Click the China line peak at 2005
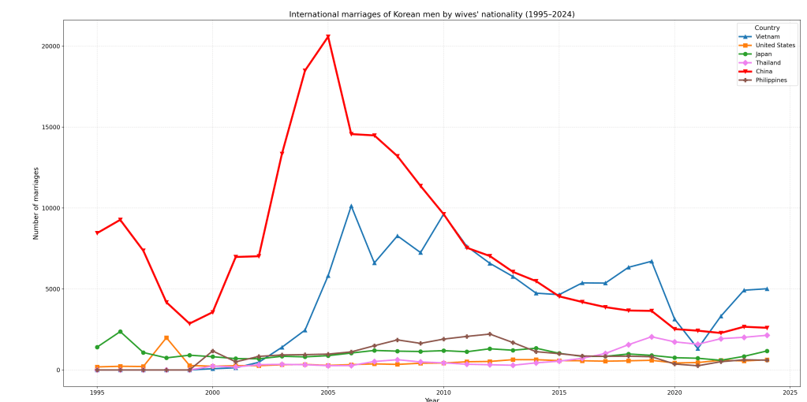point(328,36)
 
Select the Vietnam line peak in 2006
point(351,207)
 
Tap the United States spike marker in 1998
point(166,337)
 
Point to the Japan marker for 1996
point(120,332)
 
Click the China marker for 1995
point(97,233)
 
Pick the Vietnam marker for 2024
point(767,288)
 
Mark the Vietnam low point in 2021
point(697,348)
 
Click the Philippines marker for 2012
point(490,334)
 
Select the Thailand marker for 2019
point(652,337)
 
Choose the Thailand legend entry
point(768,62)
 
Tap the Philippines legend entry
point(771,80)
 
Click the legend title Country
point(767,28)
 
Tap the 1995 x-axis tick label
point(97,392)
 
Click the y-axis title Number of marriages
point(36,203)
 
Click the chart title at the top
point(432,14)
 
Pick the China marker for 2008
point(398,156)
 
